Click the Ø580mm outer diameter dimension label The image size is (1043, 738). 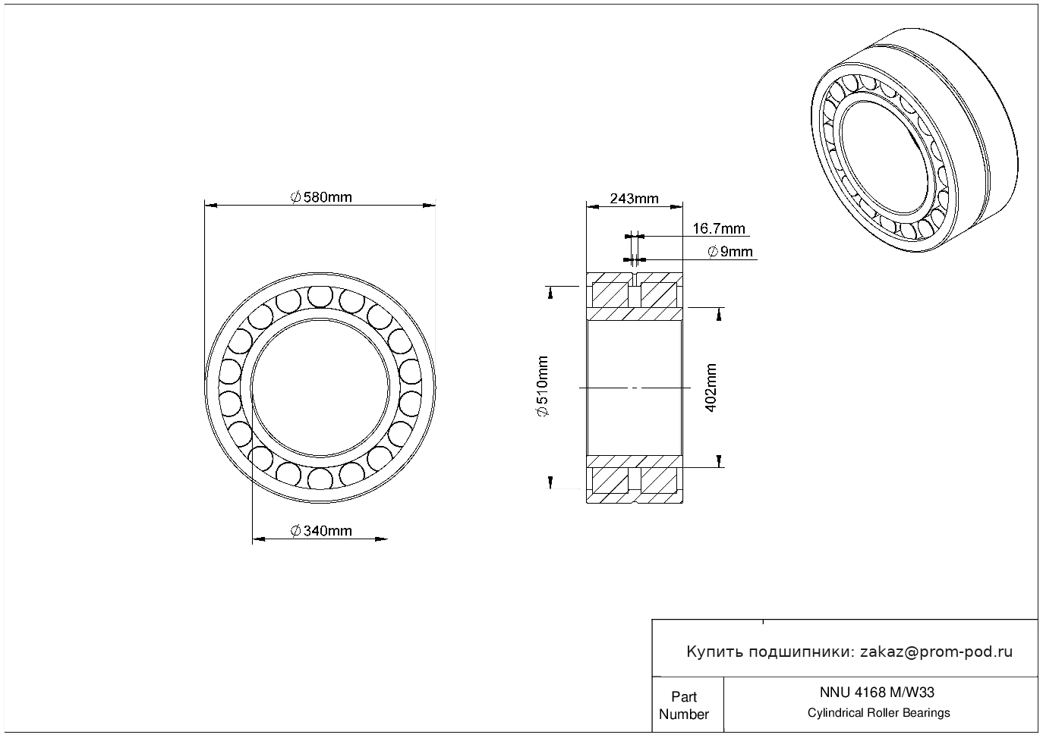click(x=321, y=197)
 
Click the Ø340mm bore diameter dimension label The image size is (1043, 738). click(x=321, y=531)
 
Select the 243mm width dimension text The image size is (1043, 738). click(x=634, y=199)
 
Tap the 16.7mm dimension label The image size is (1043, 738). click(x=719, y=228)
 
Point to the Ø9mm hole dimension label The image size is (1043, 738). click(x=730, y=252)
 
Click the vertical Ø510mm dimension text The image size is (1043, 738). click(x=543, y=386)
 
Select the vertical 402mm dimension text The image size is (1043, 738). click(x=711, y=388)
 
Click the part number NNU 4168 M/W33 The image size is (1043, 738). click(x=877, y=692)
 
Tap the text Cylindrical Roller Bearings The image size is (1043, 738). click(x=878, y=712)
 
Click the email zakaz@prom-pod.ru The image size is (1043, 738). click(x=937, y=652)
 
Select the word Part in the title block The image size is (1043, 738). click(x=684, y=696)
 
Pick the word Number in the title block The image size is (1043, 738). click(x=683, y=714)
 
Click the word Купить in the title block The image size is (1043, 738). click(x=715, y=652)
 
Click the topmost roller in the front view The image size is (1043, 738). click(x=320, y=296)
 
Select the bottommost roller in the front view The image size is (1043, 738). click(x=320, y=479)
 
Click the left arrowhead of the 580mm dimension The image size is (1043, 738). click(x=211, y=206)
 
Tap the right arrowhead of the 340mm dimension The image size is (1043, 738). click(x=381, y=539)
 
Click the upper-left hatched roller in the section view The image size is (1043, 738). click(x=610, y=294)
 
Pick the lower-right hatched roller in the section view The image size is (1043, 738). click(x=659, y=481)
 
